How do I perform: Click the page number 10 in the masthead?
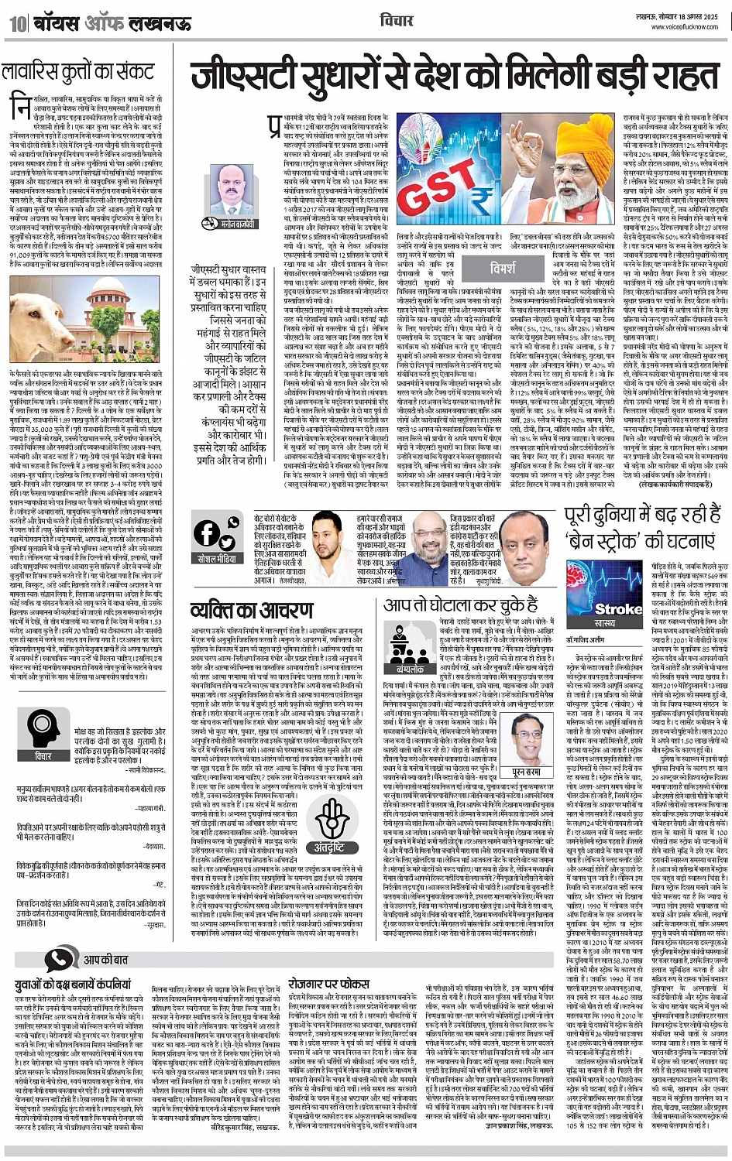[16, 23]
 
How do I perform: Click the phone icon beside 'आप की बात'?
[59, 960]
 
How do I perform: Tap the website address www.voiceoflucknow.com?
[685, 26]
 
